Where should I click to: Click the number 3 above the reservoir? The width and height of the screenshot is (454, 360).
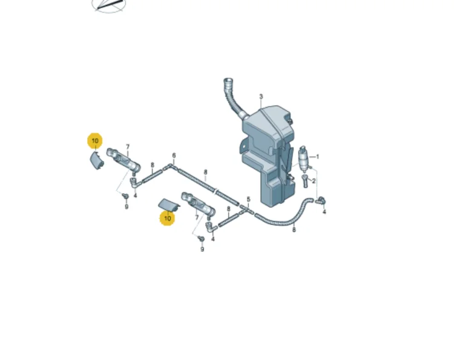261,96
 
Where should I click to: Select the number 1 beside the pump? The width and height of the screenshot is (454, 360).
318,157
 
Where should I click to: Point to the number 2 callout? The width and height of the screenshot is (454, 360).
314,181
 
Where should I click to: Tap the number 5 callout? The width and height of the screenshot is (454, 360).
248,199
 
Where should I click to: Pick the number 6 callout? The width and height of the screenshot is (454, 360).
174,155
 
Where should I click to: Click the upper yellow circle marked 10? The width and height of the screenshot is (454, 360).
95,141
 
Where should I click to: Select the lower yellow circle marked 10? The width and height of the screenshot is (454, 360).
167,218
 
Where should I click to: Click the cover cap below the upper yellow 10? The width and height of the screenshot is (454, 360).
97,160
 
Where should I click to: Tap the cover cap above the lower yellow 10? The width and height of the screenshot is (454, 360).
169,204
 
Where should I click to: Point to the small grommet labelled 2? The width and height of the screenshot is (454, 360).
305,181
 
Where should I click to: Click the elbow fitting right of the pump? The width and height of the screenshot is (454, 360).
320,200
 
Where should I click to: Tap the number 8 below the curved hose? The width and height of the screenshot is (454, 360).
294,230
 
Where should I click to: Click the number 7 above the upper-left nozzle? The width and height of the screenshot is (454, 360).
128,147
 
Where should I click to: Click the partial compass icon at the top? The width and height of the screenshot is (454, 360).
109,6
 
